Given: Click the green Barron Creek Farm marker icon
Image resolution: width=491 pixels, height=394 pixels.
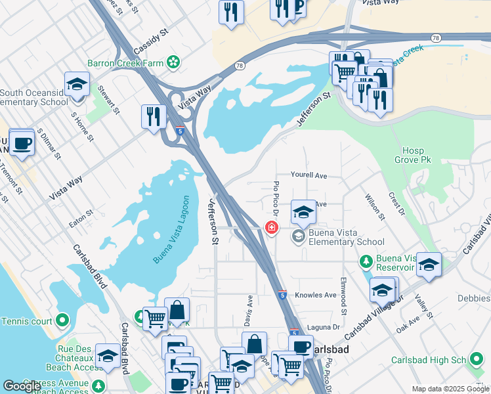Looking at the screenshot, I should tap(173, 62).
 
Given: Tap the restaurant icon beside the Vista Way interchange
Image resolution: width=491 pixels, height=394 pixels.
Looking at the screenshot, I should tap(153, 117).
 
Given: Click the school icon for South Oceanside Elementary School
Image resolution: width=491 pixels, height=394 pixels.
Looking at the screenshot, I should tap(77, 85).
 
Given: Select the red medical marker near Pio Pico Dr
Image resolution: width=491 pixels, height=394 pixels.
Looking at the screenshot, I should tap(270, 227).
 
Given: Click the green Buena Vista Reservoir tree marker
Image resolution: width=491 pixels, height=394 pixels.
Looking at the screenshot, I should tap(366, 262).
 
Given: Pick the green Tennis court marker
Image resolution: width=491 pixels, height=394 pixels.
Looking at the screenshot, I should tap(62, 320).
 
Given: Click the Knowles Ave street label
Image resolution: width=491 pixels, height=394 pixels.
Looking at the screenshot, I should tap(316, 295).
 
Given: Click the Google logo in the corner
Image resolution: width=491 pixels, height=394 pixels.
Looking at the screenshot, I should tap(22, 386).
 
